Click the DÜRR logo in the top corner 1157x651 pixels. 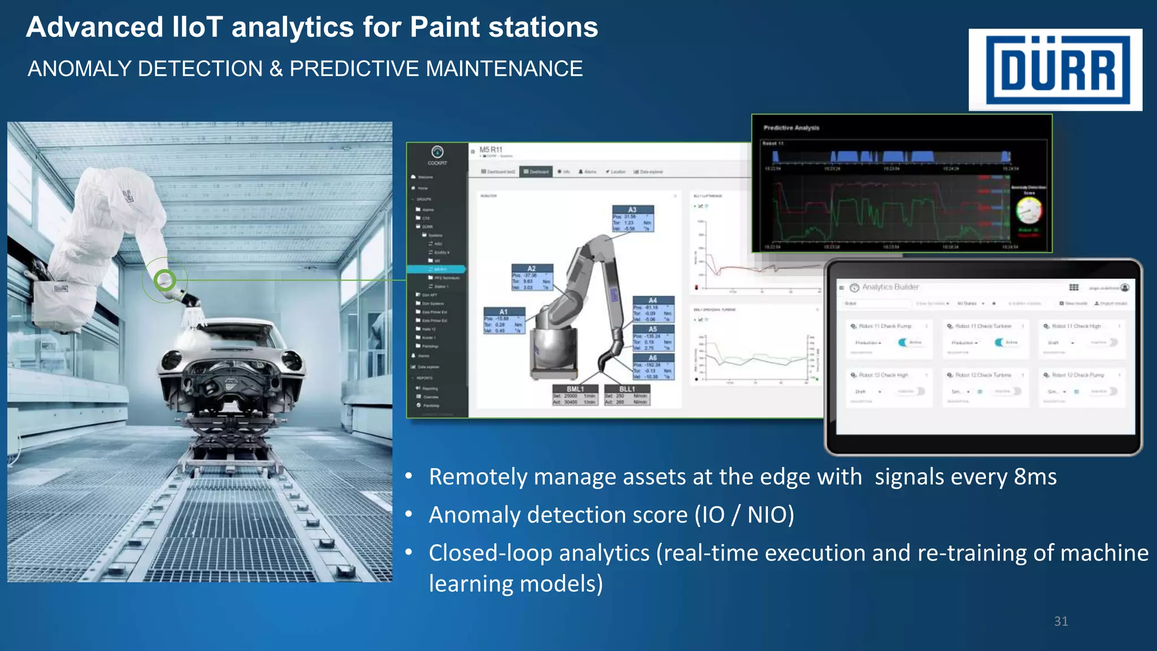[x=1055, y=70]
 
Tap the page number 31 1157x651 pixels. [x=1061, y=621]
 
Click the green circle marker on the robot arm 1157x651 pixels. [x=165, y=280]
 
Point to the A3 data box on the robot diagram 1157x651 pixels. [x=633, y=219]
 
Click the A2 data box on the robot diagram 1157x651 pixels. [x=532, y=277]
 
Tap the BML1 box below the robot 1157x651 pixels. [x=575, y=395]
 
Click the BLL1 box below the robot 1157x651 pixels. [x=627, y=395]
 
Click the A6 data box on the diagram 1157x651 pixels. [x=653, y=367]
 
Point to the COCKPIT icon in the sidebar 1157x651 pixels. [x=437, y=152]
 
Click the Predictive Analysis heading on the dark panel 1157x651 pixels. [x=791, y=128]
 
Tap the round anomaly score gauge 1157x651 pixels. [x=1029, y=211]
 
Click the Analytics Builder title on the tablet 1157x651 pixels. [x=890, y=287]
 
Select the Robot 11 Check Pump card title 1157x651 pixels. [x=885, y=326]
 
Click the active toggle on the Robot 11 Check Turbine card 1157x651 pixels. [x=999, y=342]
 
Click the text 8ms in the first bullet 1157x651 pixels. [x=1034, y=477]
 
